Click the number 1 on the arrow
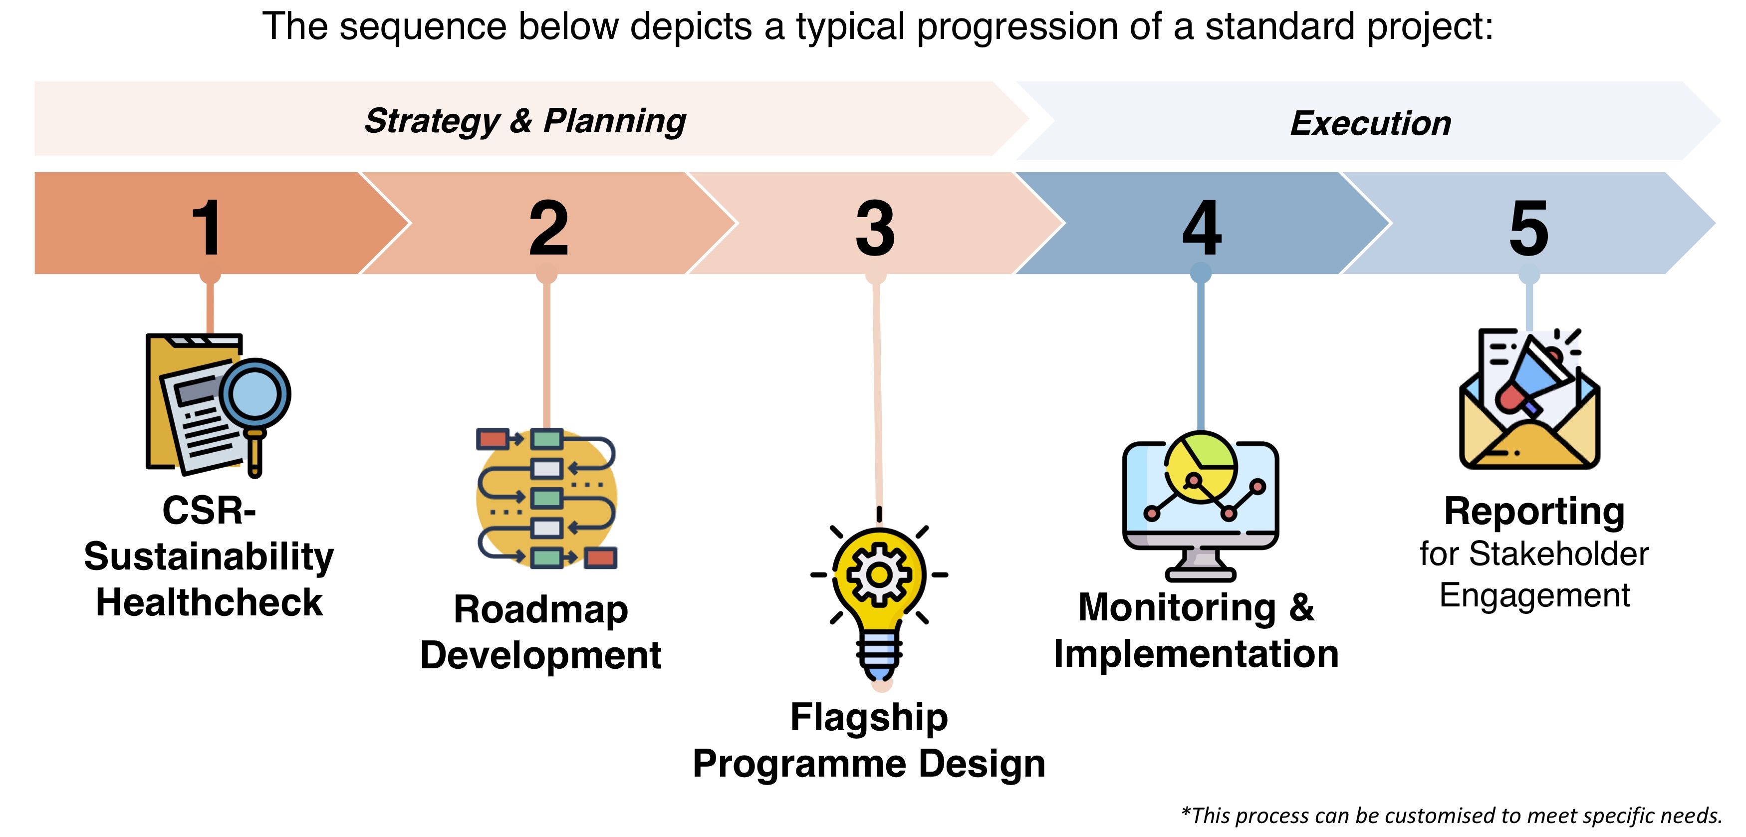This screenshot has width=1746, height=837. (207, 229)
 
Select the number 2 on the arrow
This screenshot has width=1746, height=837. (548, 229)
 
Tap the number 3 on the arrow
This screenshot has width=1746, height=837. (875, 229)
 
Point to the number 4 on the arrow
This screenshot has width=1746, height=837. (1202, 229)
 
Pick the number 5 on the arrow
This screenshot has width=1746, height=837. (1529, 229)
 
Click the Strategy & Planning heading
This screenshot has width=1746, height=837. (525, 121)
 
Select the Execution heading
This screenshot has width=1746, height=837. (1370, 123)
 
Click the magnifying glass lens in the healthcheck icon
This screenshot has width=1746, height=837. (254, 393)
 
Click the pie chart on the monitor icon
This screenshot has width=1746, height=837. (1201, 466)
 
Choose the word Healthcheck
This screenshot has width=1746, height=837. (210, 602)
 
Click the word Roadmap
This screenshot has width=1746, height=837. (541, 609)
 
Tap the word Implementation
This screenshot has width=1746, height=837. (1196, 654)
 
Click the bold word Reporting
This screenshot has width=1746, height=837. (1534, 511)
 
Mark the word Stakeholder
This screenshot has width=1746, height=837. (1559, 555)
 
